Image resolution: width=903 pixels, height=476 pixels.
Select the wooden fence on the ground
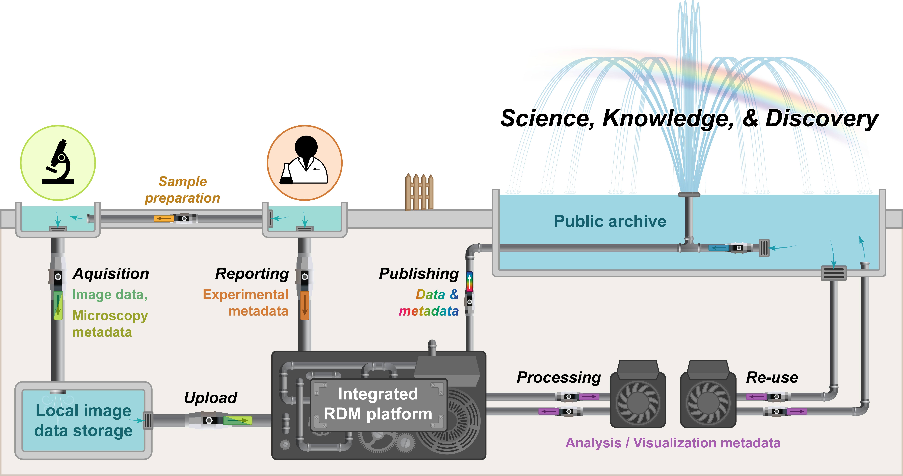419,192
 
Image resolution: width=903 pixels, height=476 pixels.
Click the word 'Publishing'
419,274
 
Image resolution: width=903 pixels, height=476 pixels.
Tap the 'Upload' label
211,398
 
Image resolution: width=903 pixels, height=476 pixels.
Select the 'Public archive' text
610,221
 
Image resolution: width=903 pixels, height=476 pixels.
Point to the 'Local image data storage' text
83,421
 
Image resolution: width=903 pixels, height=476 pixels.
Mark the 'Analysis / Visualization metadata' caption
673,443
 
